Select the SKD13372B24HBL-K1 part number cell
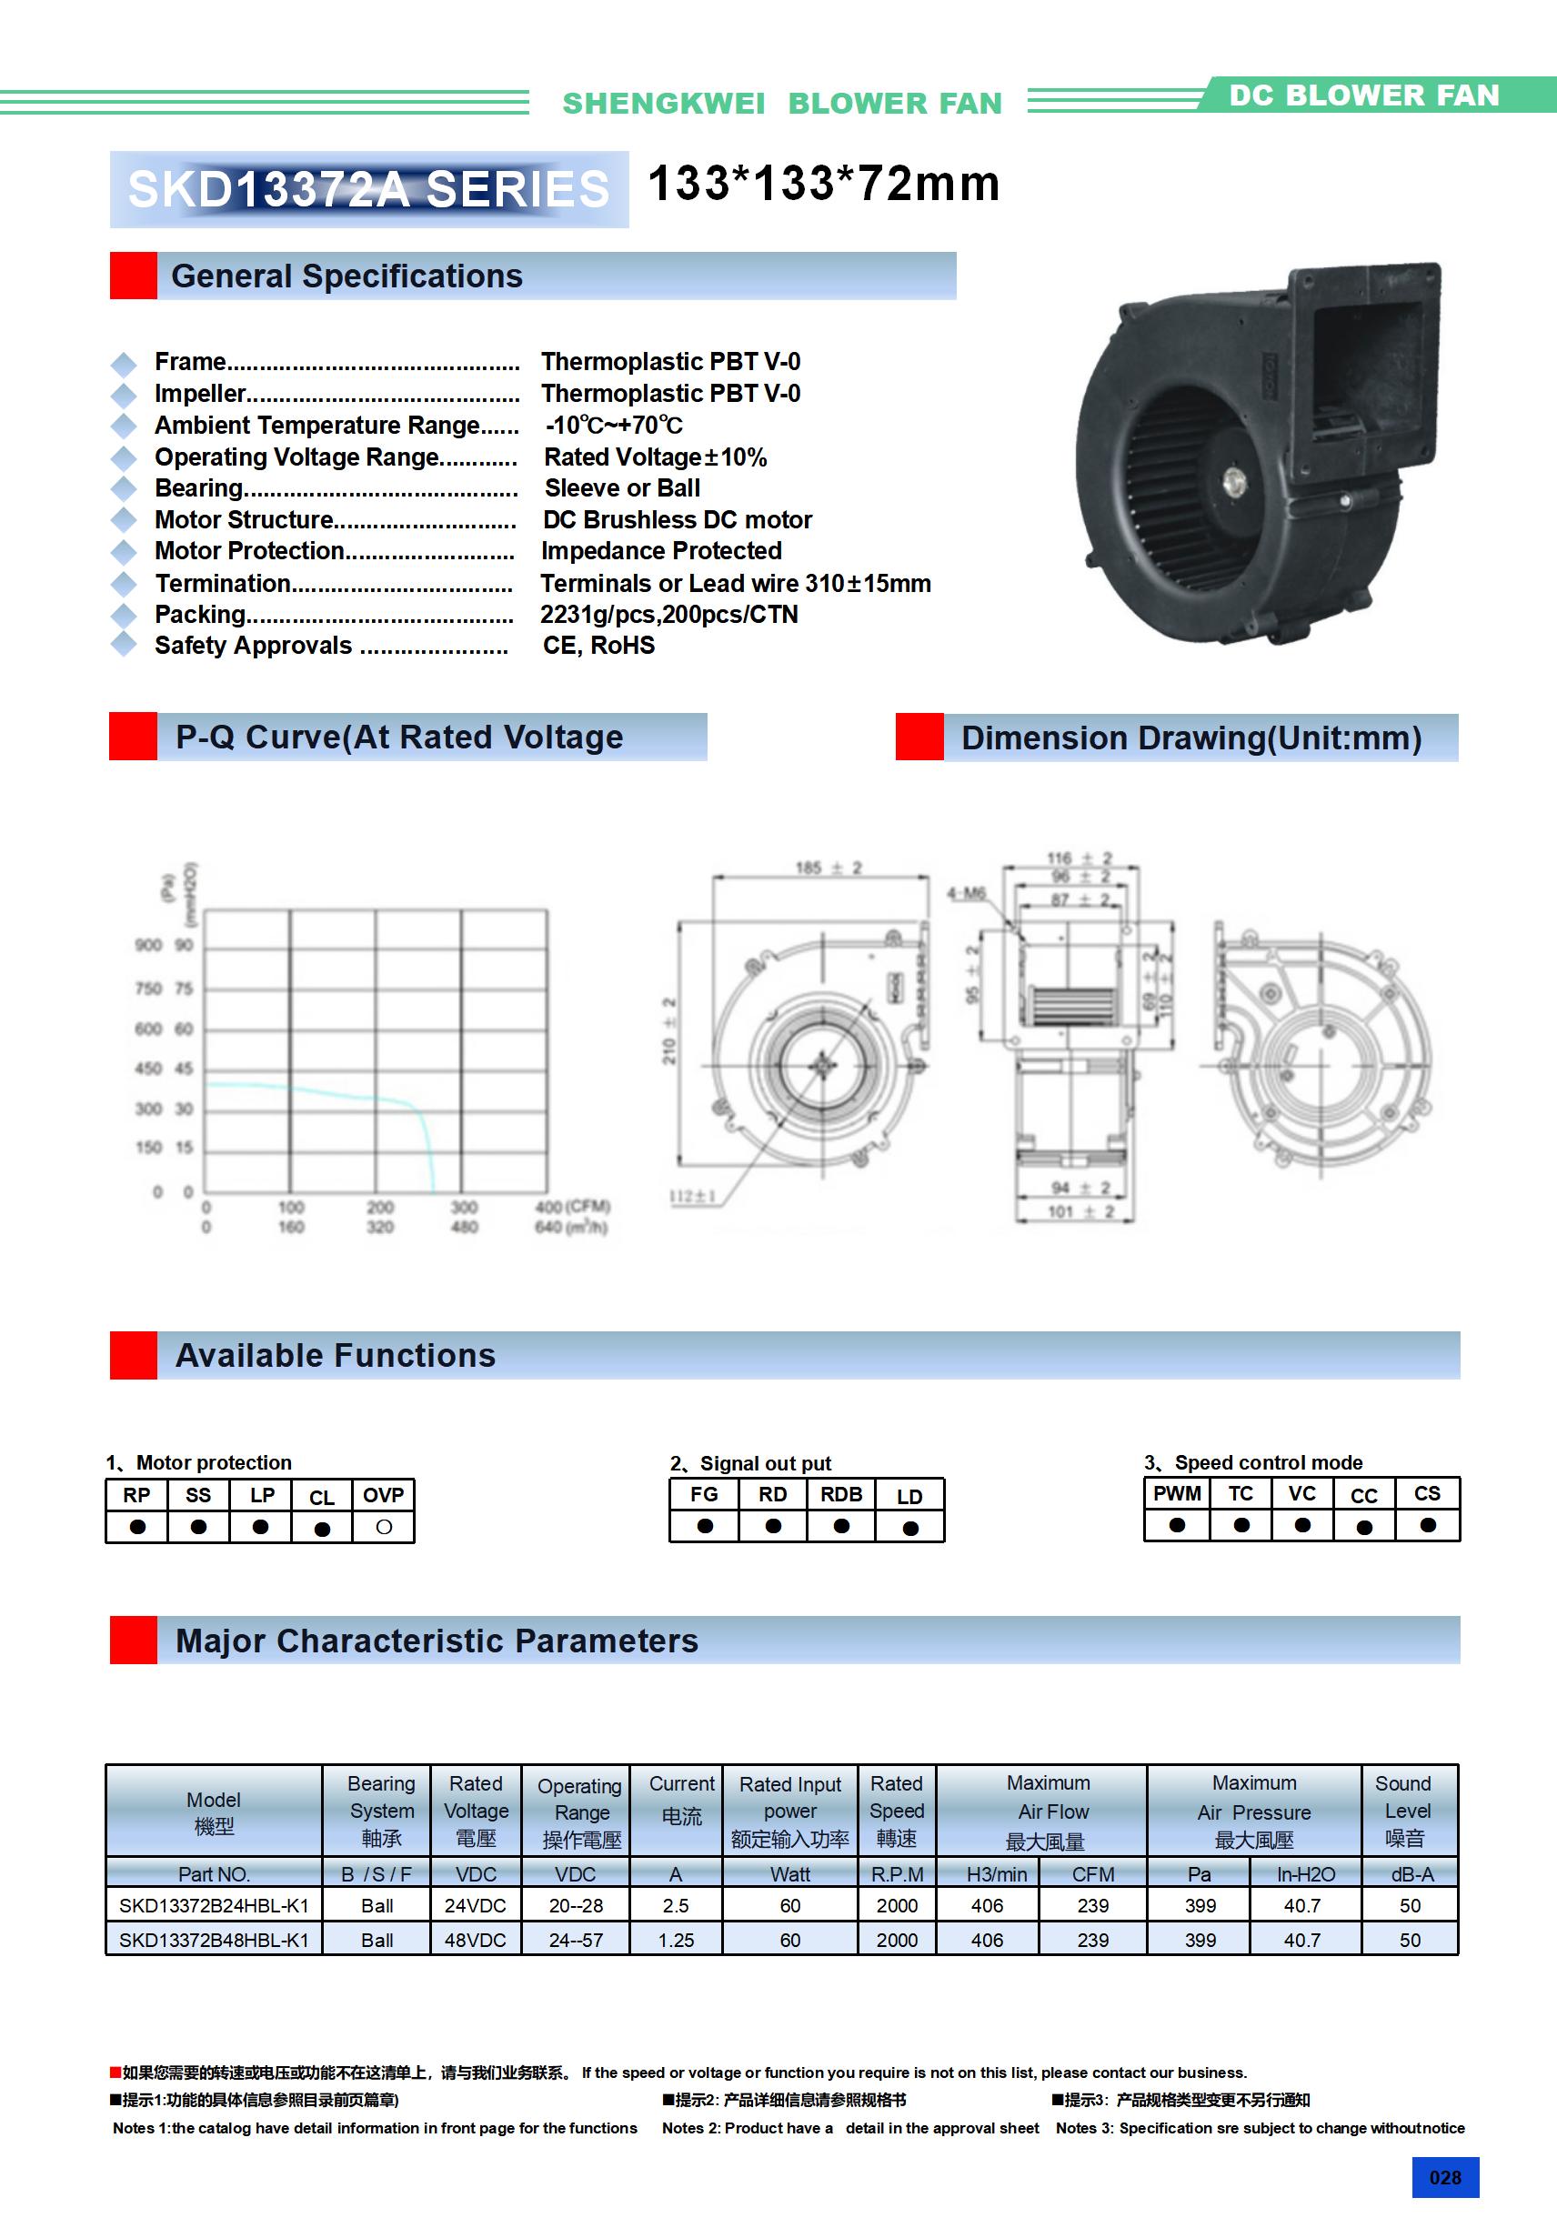click(214, 1904)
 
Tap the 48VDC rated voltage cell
click(475, 1940)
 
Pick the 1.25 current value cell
click(676, 1940)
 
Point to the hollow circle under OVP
click(383, 1527)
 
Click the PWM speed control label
click(1177, 1493)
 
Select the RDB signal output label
click(840, 1494)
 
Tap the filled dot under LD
click(909, 1528)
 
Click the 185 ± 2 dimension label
click(829, 868)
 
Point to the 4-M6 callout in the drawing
click(966, 893)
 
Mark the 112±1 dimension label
click(692, 1196)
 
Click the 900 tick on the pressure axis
click(148, 945)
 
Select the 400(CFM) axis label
click(572, 1207)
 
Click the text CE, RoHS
click(598, 646)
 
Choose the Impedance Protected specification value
click(661, 551)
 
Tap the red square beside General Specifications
click(133, 276)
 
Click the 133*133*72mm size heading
click(824, 184)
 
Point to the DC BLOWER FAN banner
click(1363, 95)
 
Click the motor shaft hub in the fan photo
click(1234, 477)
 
